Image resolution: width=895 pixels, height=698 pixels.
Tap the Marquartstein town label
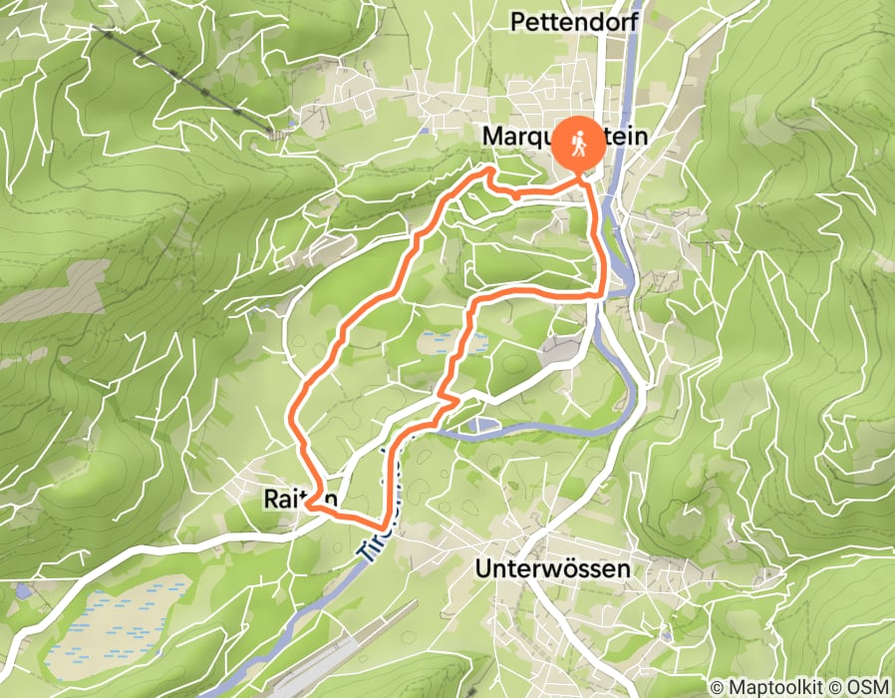pyautogui.click(x=565, y=136)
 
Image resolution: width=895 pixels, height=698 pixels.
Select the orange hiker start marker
pyautogui.click(x=579, y=147)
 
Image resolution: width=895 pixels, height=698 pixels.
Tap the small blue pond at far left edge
pyautogui.click(x=23, y=591)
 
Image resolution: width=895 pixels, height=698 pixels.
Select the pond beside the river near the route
pyautogui.click(x=480, y=427)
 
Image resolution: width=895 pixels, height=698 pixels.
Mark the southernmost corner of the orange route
pyautogui.click(x=383, y=524)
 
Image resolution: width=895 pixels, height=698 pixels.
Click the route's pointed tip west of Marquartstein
pyautogui.click(x=488, y=172)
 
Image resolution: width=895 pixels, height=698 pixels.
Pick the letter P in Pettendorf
pyautogui.click(x=517, y=21)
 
